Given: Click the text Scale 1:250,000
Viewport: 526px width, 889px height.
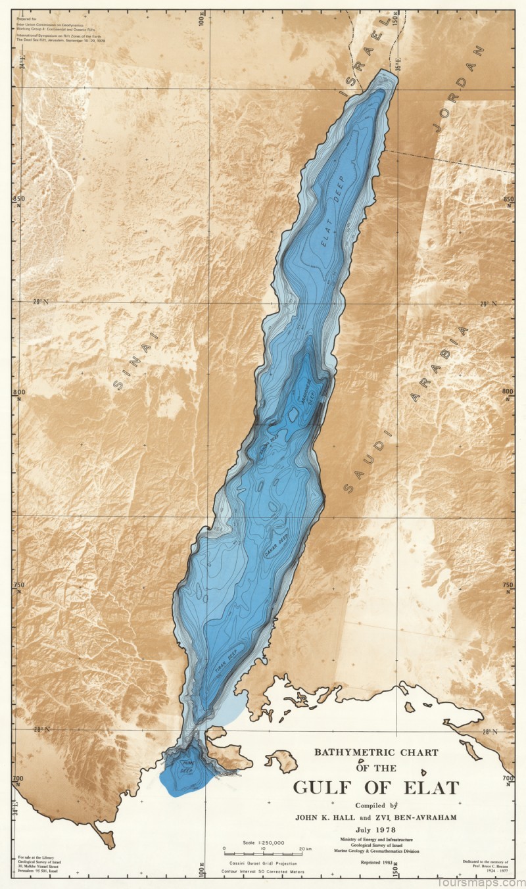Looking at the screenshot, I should pos(263,842).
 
